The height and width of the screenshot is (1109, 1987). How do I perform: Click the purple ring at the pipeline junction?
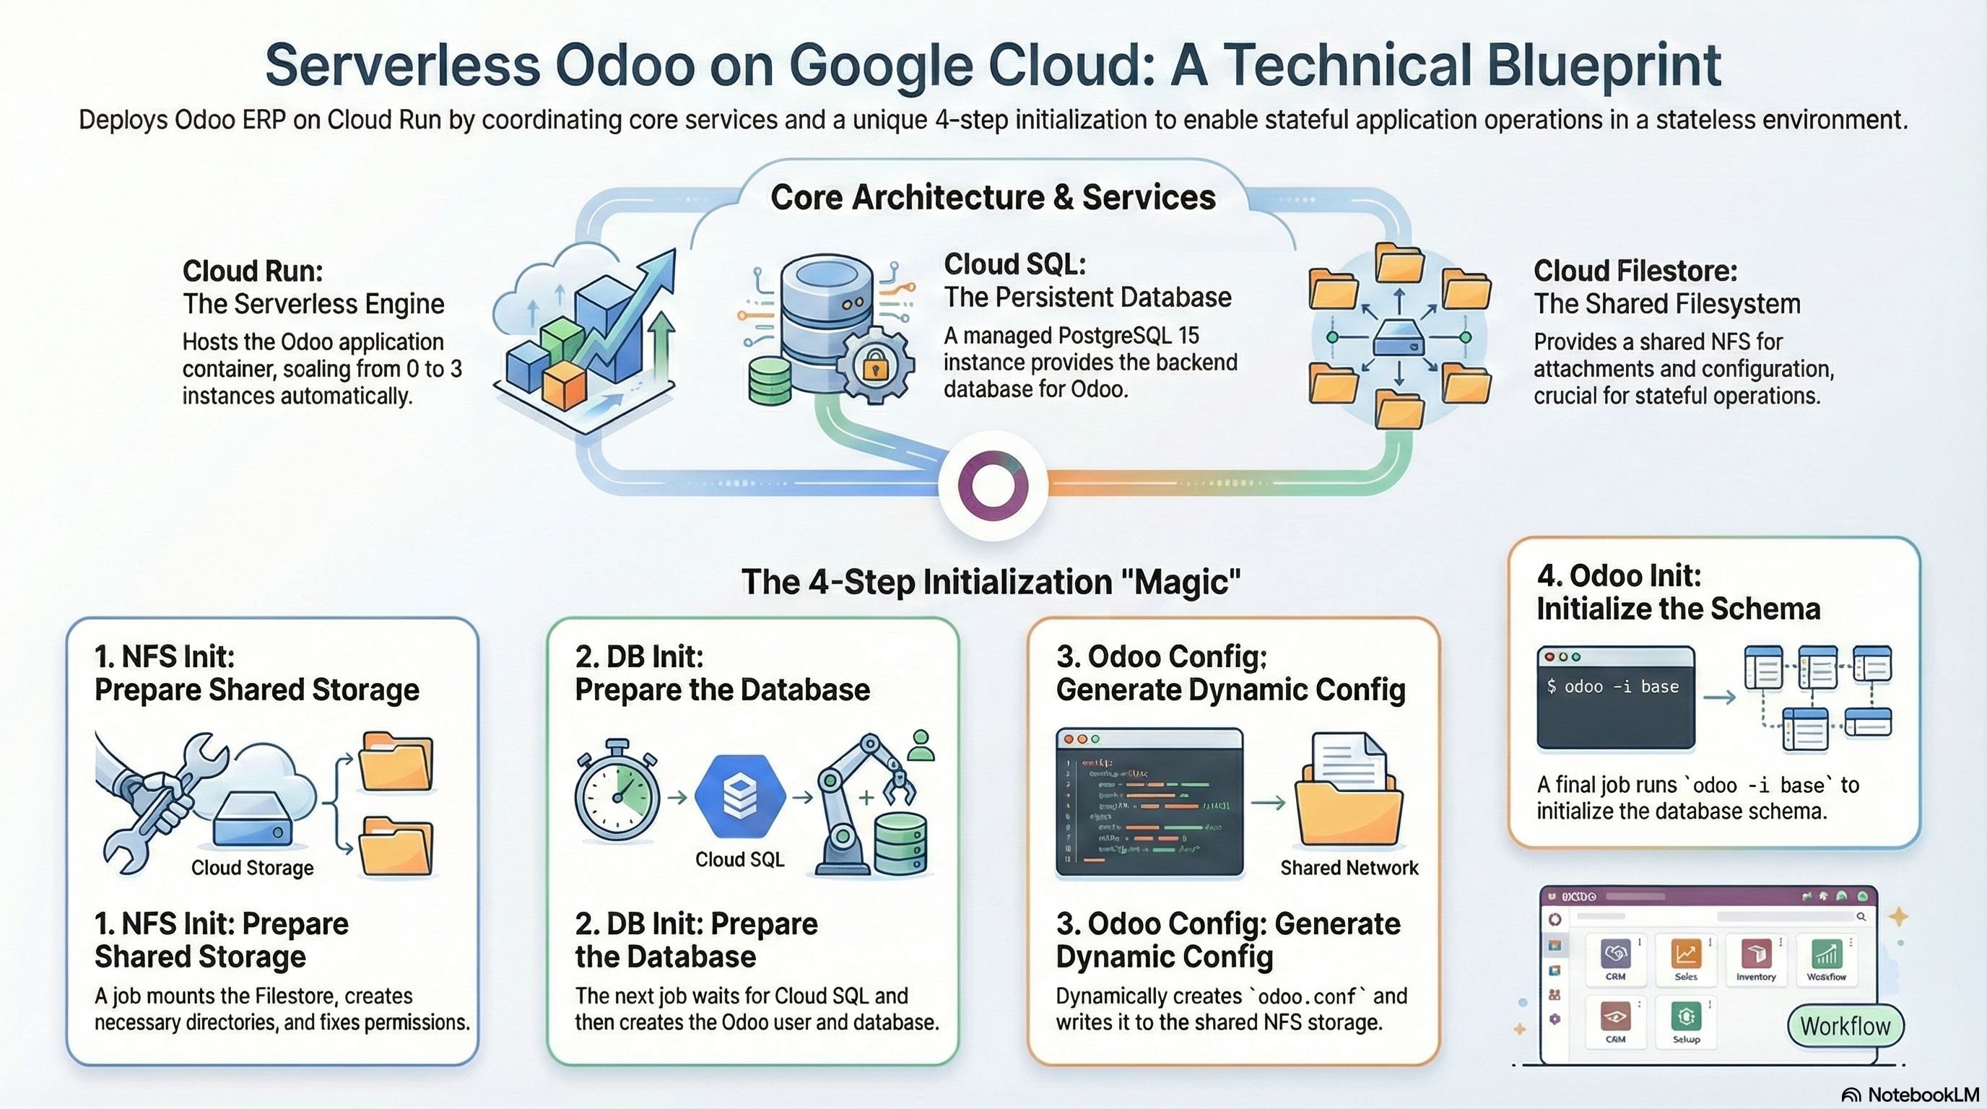(x=993, y=485)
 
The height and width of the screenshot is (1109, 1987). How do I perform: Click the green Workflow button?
(x=1845, y=1026)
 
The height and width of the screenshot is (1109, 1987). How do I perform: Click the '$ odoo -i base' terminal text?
(x=1613, y=687)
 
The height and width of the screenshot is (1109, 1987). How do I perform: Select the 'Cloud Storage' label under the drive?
(x=252, y=868)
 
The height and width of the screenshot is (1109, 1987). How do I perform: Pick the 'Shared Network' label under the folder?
(x=1349, y=868)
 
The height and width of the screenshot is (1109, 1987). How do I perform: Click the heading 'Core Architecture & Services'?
(x=993, y=197)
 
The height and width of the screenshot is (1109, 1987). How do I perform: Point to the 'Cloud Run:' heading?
(x=252, y=271)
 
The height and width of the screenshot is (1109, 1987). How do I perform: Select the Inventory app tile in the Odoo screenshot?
(x=1757, y=960)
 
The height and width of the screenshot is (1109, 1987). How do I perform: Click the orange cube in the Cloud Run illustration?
(x=565, y=386)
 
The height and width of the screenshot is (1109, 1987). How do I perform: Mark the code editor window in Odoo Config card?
(x=1149, y=802)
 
